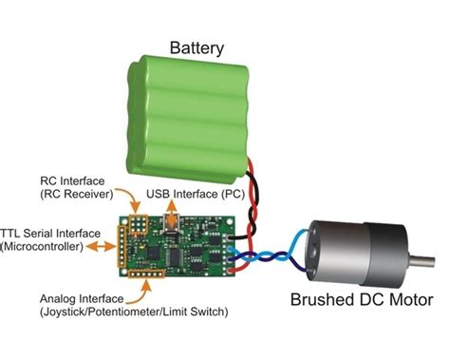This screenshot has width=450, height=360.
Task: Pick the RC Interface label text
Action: pyautogui.click(x=75, y=179)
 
